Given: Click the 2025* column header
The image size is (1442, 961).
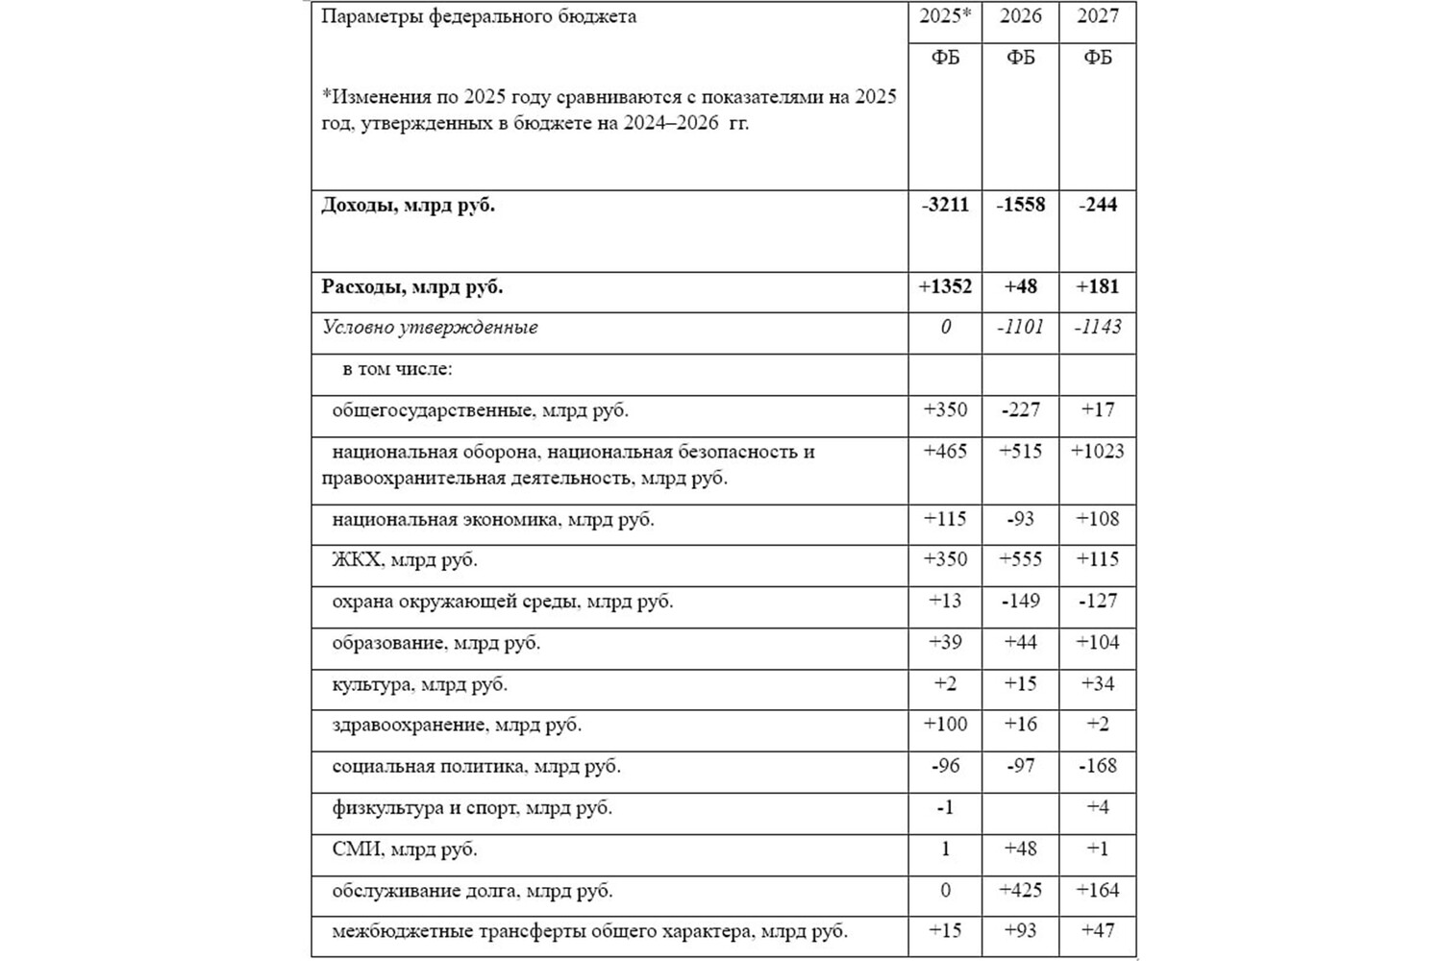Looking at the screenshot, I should tap(945, 16).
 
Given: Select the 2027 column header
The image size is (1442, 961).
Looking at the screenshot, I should tap(1098, 16).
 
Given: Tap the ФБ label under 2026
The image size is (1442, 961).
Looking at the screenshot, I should tap(1021, 58).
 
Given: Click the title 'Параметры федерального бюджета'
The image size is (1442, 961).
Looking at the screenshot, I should tap(479, 16).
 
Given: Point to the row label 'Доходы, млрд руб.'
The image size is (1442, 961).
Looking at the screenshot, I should tap(409, 205).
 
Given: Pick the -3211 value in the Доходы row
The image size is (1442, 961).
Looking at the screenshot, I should tap(945, 205).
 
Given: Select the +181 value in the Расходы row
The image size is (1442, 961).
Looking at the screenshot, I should tap(1098, 286).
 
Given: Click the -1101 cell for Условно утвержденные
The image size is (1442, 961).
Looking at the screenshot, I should tap(1021, 328).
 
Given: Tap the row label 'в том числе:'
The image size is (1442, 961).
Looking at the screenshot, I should tap(397, 369).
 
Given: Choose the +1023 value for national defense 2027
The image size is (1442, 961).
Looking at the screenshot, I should tap(1098, 452).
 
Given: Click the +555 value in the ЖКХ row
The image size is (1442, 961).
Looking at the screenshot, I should tap(1021, 559).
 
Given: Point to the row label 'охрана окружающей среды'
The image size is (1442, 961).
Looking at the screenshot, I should tap(503, 602).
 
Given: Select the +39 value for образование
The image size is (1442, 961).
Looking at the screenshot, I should tap(945, 643).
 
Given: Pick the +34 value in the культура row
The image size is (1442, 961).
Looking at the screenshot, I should tap(1098, 684).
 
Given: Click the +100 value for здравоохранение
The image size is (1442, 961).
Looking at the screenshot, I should tap(945, 725).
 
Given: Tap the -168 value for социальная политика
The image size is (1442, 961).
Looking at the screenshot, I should tap(1098, 766).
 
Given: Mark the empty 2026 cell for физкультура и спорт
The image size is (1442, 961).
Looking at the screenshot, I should tap(1021, 808).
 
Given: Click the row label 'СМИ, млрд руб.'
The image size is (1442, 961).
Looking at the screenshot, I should tap(405, 850).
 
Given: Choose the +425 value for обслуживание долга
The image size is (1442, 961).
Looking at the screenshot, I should tap(1021, 891).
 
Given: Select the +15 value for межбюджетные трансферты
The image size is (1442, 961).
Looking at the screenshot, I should tap(945, 931).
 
